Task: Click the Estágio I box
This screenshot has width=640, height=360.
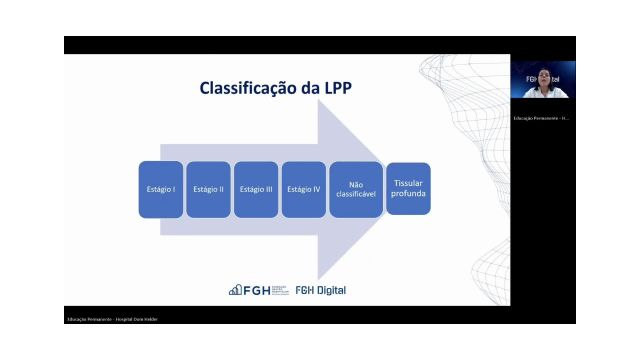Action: pos(160,189)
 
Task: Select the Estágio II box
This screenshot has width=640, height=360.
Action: pos(208,189)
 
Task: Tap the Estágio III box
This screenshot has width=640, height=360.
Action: pos(256,189)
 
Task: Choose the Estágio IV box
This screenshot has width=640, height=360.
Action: pos(304,189)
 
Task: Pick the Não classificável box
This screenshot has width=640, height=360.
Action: pos(355,189)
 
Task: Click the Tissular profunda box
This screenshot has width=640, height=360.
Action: pos(408,188)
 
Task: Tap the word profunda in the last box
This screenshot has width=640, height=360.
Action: pos(408,193)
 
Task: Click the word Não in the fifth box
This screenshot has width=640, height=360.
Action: pos(355,184)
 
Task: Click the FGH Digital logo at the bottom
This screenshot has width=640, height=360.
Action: pos(320,290)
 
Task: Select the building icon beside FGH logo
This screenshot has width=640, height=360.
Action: pos(236,290)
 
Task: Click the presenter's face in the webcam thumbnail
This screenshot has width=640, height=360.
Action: pos(543,77)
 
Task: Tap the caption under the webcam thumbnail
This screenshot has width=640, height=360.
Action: pos(541,118)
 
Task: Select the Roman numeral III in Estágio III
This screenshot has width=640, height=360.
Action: pos(268,189)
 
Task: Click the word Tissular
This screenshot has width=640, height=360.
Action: pos(408,183)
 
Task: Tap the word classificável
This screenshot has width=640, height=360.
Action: pos(355,194)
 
